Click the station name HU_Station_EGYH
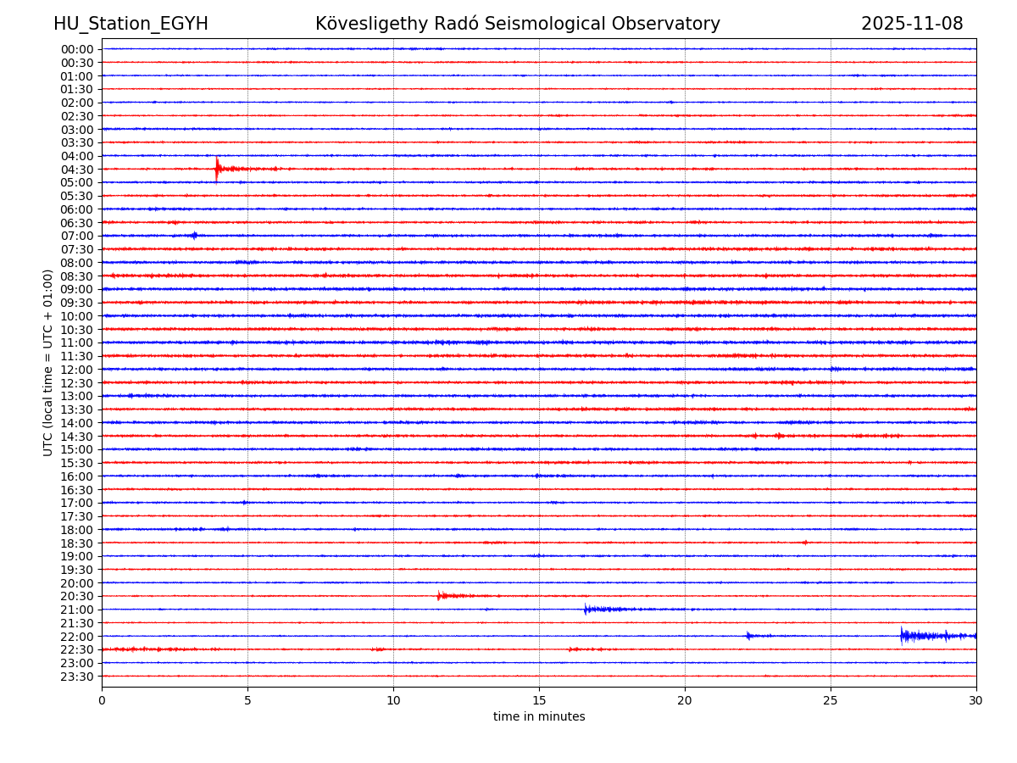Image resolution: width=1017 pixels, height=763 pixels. pos(131,25)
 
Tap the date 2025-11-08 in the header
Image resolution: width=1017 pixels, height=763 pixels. pos(912,25)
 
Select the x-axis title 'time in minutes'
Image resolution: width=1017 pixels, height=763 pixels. pos(539,717)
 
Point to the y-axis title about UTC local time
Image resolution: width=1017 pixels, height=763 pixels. pos(49,362)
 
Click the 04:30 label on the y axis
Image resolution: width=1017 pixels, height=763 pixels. pos(77,170)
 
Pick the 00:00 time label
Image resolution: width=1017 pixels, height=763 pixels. pos(77,49)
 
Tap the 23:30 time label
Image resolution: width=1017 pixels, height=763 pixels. pos(77,677)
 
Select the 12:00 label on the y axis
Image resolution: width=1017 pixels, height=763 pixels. pos(77,370)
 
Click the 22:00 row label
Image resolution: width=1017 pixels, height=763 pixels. pos(77,637)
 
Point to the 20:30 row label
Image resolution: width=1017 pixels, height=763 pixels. pos(77,597)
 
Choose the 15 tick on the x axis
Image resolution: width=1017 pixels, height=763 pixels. pos(539,701)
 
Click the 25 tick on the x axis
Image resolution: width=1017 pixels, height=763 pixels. pos(831,701)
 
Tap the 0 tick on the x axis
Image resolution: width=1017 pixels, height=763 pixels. pos(102,701)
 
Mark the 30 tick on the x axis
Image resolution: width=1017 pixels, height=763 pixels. pos(976,701)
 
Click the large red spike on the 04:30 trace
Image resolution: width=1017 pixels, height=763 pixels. pos(217,168)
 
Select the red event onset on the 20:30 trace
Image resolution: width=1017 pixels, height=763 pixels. pos(439,596)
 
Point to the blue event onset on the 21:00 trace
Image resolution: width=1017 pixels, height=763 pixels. pos(586,609)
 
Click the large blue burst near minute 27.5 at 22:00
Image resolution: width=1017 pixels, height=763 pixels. pos(902,636)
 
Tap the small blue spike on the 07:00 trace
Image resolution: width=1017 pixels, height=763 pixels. pos(195,236)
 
